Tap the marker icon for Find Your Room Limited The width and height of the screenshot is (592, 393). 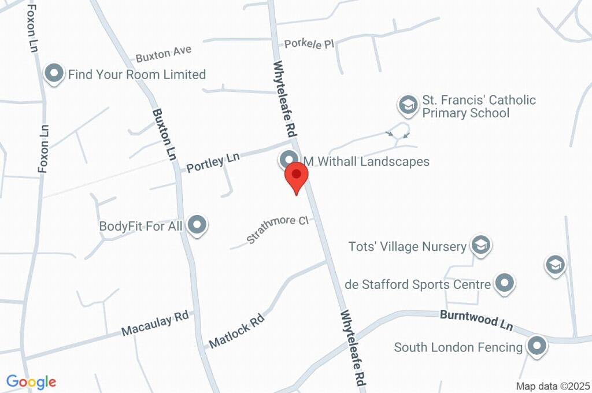[54, 74]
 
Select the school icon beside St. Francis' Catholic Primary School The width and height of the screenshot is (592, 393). [408, 105]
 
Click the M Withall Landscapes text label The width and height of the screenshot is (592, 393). [367, 161]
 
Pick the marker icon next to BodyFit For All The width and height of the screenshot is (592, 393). [198, 225]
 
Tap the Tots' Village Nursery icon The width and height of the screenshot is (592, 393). [480, 246]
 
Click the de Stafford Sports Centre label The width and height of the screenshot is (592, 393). [417, 284]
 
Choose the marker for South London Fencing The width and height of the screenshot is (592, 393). [538, 347]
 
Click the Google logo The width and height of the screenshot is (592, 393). [31, 381]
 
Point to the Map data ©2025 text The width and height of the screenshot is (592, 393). [553, 386]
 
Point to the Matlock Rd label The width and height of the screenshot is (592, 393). [236, 331]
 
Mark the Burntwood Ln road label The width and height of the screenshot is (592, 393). [476, 320]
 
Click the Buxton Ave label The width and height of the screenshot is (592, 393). [164, 54]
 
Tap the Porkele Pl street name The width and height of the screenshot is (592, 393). [309, 43]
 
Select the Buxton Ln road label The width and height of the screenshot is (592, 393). [164, 135]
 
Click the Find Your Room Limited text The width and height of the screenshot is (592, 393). [137, 75]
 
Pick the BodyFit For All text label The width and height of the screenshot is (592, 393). [140, 226]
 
